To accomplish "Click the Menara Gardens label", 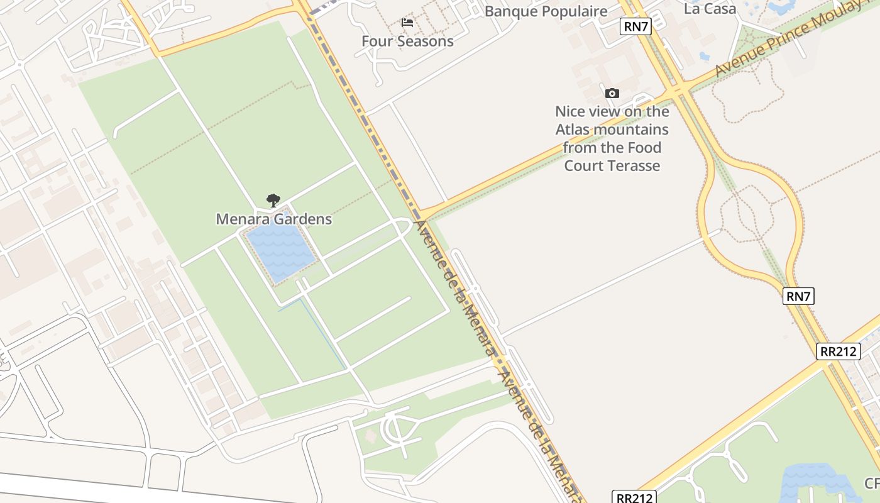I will pyautogui.click(x=273, y=219).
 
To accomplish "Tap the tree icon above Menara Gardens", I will pyautogui.click(x=273, y=201).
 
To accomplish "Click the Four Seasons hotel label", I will pyautogui.click(x=407, y=41).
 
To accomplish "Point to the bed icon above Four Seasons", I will pyautogui.click(x=407, y=23).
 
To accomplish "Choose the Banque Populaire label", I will pyautogui.click(x=546, y=11).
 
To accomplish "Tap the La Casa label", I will pyautogui.click(x=710, y=9).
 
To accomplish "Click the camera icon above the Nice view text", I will pyautogui.click(x=612, y=94).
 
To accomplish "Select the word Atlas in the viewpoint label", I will pyautogui.click(x=574, y=130).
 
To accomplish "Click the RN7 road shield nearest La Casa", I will pyautogui.click(x=635, y=26).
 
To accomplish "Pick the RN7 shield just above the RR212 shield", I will pyautogui.click(x=798, y=296).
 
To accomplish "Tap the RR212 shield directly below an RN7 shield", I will pyautogui.click(x=838, y=351).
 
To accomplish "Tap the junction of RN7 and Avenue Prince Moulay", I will pyautogui.click(x=679, y=91).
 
